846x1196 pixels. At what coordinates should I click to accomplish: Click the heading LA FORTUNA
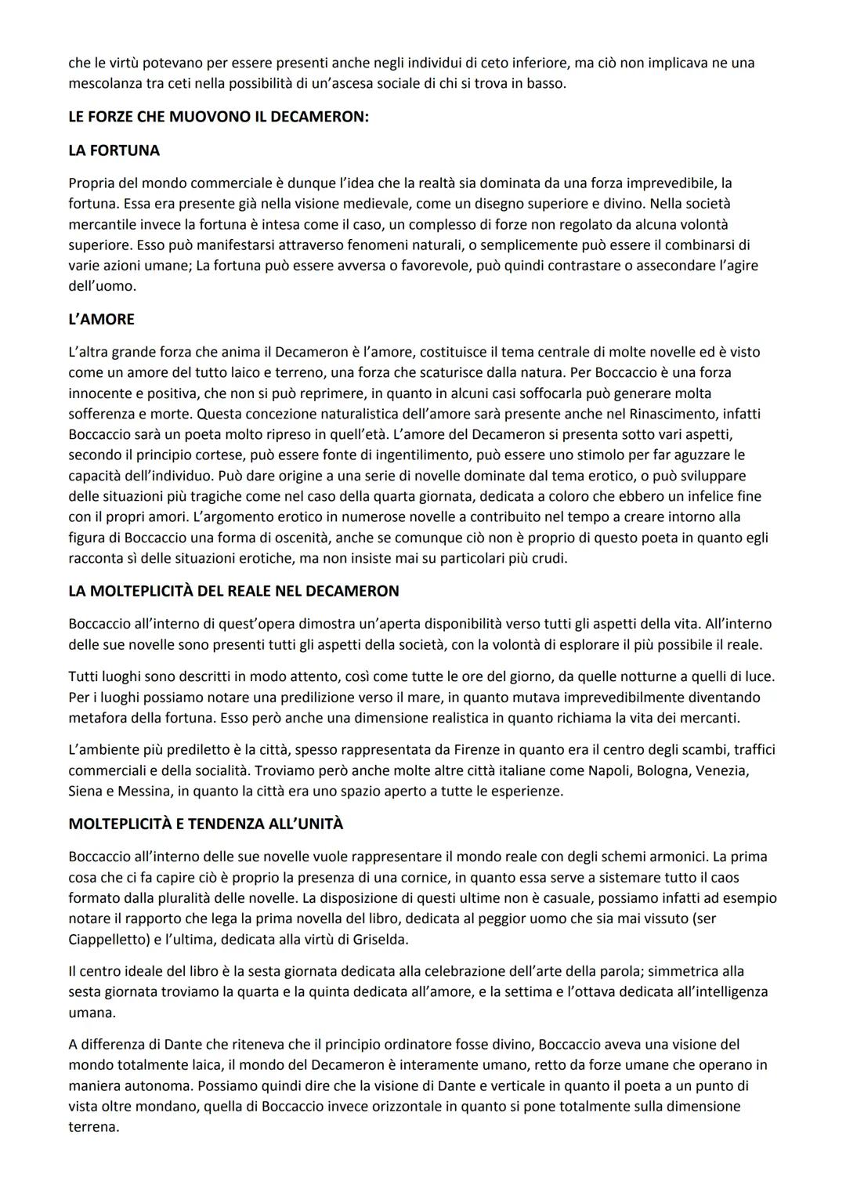tap(114, 150)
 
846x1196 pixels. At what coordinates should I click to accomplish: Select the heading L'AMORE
tap(101, 319)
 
